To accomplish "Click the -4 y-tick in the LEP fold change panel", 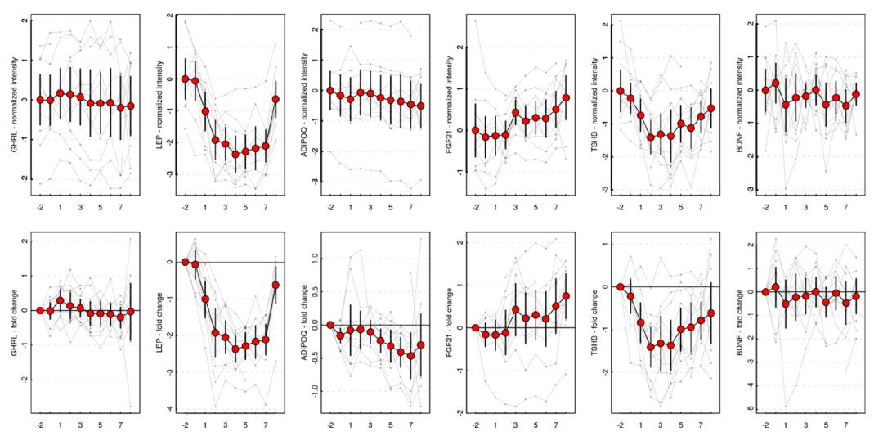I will [169, 409].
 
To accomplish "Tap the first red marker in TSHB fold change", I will [621, 286].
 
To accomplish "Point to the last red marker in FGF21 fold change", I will [566, 296].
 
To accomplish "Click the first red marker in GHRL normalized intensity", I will [39, 100].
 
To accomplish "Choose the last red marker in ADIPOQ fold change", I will [421, 345].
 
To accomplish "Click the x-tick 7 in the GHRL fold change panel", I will [120, 425].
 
